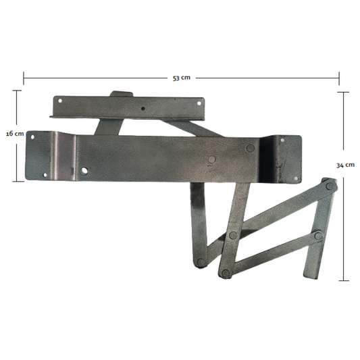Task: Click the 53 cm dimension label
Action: click(x=182, y=78)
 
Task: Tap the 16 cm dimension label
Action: click(x=15, y=134)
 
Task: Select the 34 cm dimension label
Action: click(x=346, y=165)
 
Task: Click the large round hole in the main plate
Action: click(x=84, y=171)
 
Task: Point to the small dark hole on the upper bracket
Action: click(x=143, y=109)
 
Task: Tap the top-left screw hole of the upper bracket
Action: click(x=60, y=101)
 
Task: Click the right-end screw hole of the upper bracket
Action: click(x=199, y=103)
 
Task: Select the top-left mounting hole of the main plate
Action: click(x=32, y=137)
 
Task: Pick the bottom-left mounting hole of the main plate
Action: click(x=45, y=175)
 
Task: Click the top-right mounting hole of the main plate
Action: click(x=282, y=140)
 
